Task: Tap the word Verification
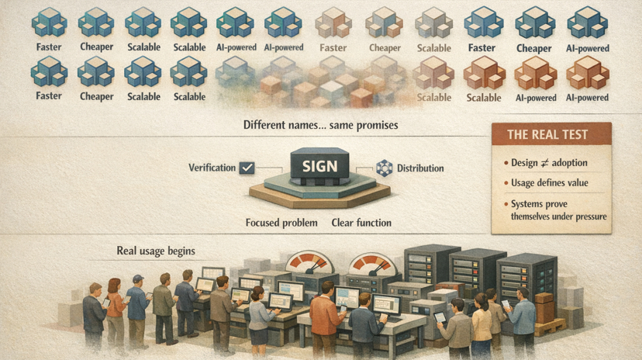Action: [x=212, y=168]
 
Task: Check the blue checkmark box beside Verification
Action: [x=247, y=168]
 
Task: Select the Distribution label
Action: [x=420, y=168]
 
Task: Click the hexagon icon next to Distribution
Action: [x=383, y=168]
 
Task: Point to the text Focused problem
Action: [x=281, y=223]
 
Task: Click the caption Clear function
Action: [x=361, y=223]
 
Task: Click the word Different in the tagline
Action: [x=267, y=125]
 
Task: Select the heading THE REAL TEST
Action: [x=547, y=134]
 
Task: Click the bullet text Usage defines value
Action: [x=550, y=182]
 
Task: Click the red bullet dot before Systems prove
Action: [x=504, y=204]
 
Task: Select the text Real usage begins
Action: [x=156, y=251]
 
